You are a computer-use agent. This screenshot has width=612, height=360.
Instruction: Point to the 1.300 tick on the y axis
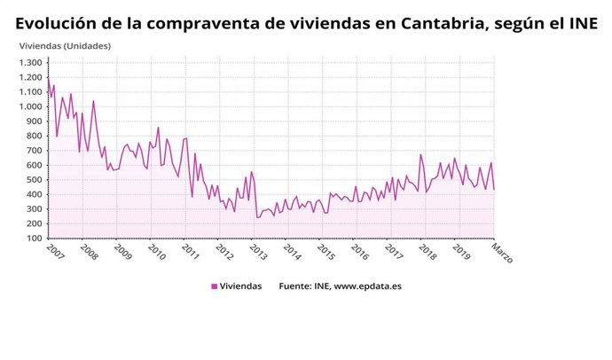pyautogui.click(x=29, y=63)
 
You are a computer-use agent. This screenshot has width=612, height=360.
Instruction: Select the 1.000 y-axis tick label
pyautogui.click(x=29, y=106)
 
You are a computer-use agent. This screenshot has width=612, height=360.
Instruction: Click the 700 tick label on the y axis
pyautogui.click(x=33, y=151)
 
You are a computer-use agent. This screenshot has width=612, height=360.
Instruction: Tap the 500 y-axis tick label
pyautogui.click(x=33, y=180)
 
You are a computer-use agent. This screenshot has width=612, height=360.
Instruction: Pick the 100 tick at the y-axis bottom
pyautogui.click(x=33, y=239)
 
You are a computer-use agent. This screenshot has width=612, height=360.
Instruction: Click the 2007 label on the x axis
pyautogui.click(x=54, y=253)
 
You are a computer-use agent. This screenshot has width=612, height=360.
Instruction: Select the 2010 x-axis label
pyautogui.click(x=156, y=253)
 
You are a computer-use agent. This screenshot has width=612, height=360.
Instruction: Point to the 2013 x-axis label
pyautogui.click(x=258, y=253)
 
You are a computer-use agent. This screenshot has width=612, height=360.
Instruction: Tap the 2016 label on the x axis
pyautogui.click(x=359, y=253)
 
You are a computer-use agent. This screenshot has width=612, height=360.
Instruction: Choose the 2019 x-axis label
pyautogui.click(x=461, y=253)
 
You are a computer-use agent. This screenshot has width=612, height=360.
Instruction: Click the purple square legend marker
pyautogui.click(x=214, y=286)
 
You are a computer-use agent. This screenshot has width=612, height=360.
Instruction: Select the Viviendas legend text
pyautogui.click(x=240, y=286)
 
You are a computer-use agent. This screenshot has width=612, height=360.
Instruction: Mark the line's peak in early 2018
pyautogui.click(x=421, y=155)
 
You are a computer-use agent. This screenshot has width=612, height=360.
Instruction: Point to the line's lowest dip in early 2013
pyautogui.click(x=257, y=217)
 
